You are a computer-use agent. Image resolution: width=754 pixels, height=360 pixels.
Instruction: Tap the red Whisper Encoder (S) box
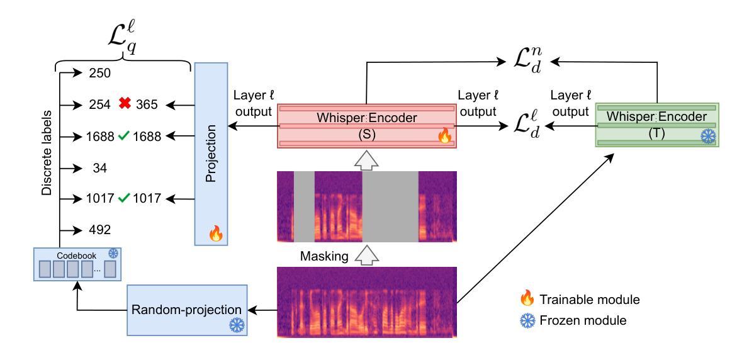366,127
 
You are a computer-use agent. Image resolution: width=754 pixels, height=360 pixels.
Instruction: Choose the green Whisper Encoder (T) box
658,127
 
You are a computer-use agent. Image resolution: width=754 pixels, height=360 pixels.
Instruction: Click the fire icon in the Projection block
215,234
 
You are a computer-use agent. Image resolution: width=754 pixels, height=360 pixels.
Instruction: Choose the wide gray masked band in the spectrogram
390,206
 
